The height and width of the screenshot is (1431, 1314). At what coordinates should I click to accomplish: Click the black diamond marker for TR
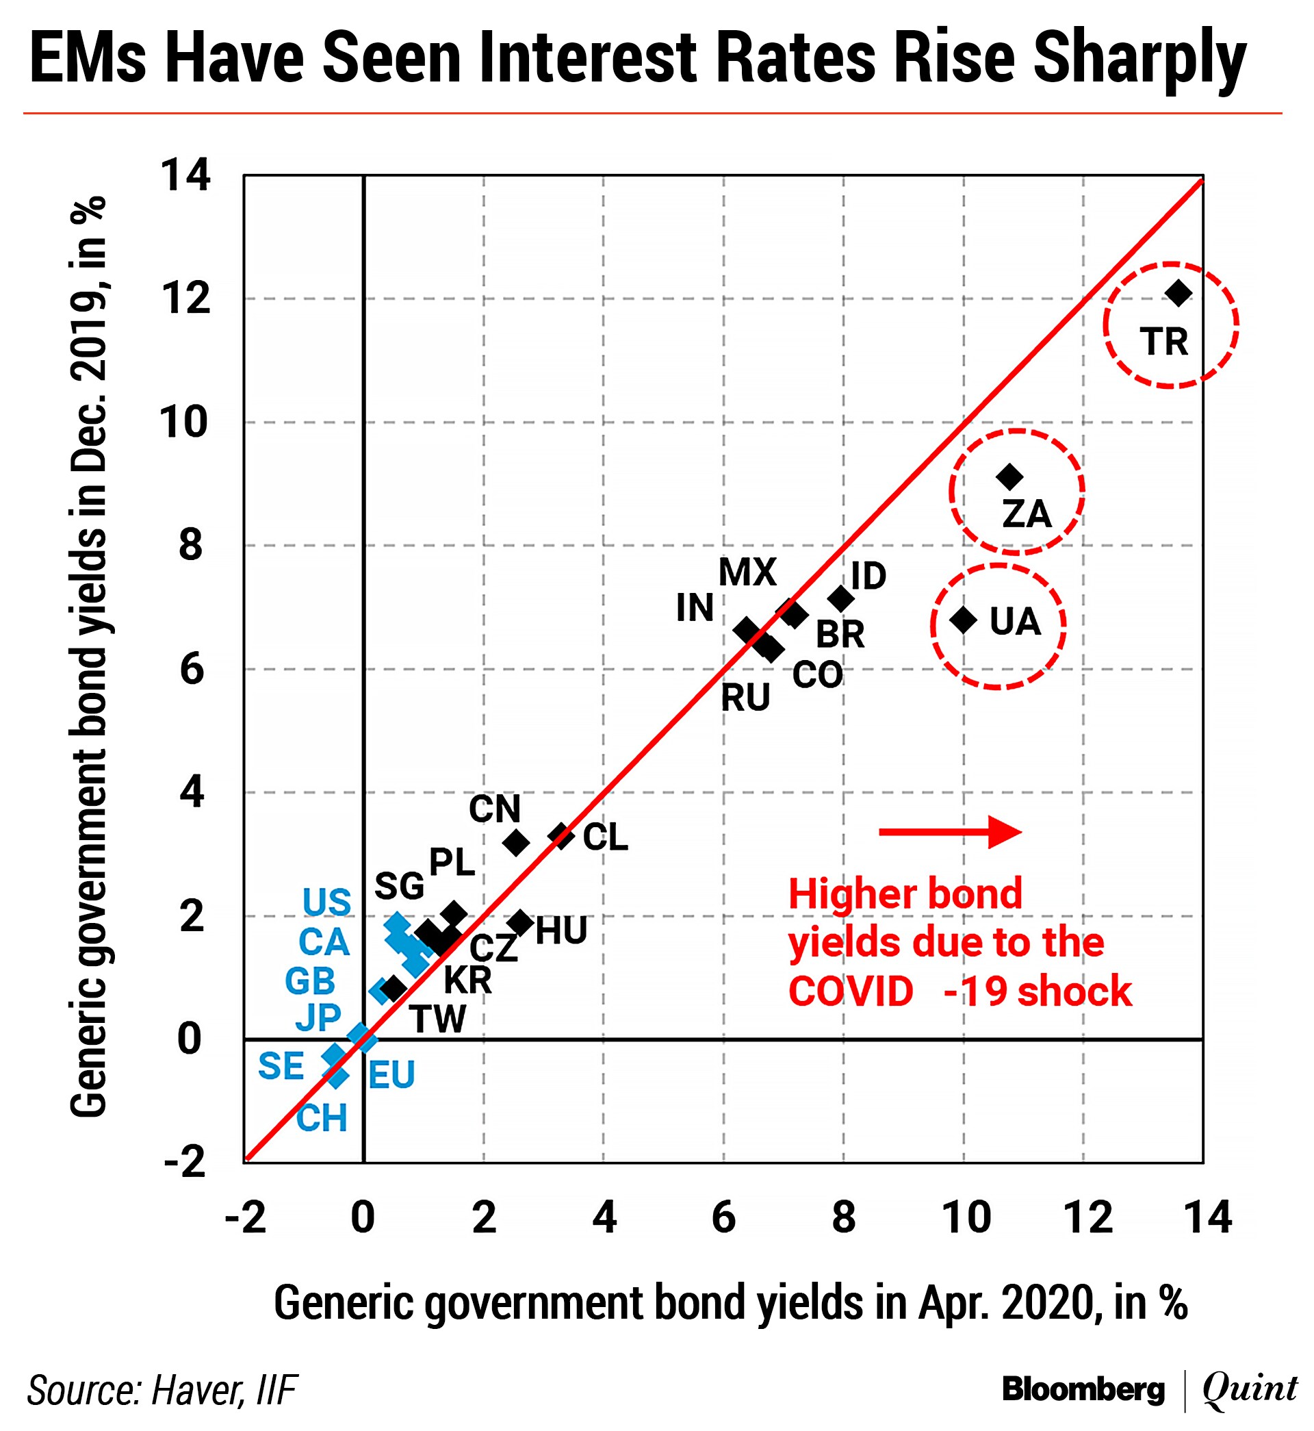(x=1178, y=292)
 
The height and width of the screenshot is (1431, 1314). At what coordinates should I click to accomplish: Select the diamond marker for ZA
(x=1009, y=477)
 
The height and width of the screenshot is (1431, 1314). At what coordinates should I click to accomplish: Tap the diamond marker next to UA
(x=964, y=620)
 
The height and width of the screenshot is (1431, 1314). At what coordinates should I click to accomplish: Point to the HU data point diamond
(x=521, y=923)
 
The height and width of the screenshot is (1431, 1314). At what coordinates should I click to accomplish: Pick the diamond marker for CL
(x=562, y=836)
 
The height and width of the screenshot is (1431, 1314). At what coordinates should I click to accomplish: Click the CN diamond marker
(x=516, y=843)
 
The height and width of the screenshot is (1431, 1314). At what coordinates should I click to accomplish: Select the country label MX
(x=747, y=572)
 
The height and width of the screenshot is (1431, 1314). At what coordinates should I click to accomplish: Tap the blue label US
(x=326, y=902)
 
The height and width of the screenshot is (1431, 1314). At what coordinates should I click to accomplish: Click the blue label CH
(x=322, y=1118)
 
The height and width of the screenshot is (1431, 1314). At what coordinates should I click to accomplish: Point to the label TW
(x=438, y=1020)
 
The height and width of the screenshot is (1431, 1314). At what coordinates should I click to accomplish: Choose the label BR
(x=840, y=635)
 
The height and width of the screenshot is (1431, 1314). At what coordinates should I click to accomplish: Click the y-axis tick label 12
(x=185, y=299)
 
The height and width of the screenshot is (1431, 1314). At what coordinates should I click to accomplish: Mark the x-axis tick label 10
(x=966, y=1217)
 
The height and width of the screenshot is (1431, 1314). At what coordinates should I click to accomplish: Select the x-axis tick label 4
(x=604, y=1217)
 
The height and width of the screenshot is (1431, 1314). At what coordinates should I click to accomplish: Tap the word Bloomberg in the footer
(x=1083, y=1389)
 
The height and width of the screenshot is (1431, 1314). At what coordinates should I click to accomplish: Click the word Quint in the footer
(x=1249, y=1389)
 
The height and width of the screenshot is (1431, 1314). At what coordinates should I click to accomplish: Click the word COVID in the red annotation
(x=851, y=991)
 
